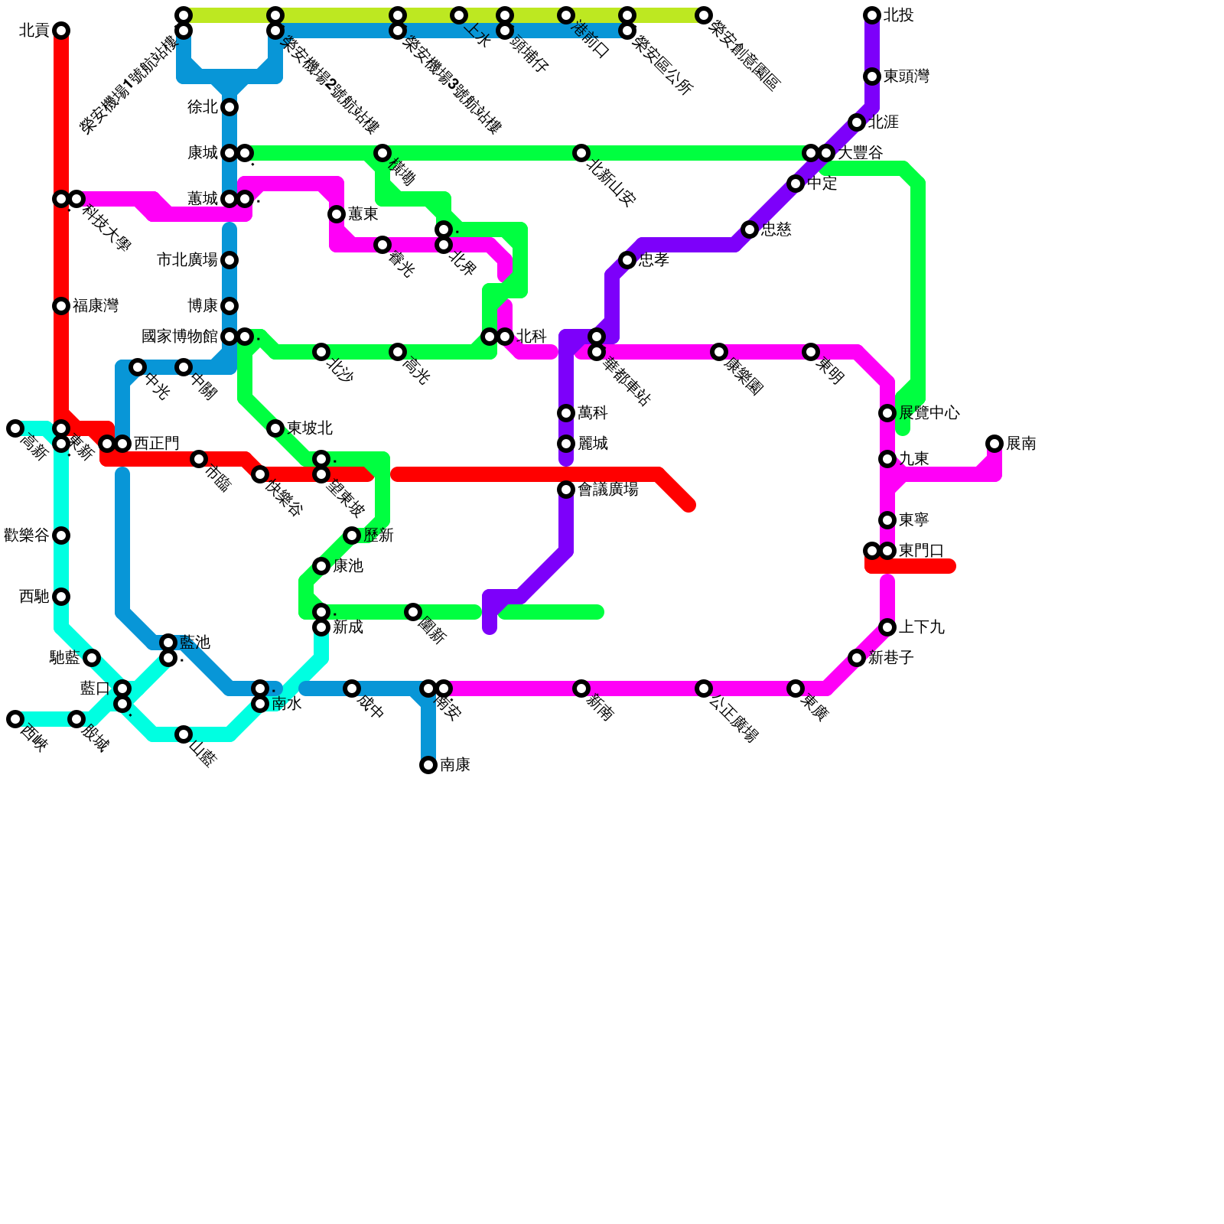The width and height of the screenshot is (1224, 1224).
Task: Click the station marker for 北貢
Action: [x=61, y=31]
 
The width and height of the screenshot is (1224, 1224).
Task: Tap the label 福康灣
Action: [x=96, y=306]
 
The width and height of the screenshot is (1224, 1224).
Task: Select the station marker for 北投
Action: [x=872, y=15]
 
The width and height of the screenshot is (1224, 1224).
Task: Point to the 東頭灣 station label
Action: [x=907, y=76]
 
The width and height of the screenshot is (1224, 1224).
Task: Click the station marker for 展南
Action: [x=994, y=444]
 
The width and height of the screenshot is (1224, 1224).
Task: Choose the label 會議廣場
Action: [x=608, y=490]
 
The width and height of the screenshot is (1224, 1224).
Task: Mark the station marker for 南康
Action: [x=428, y=765]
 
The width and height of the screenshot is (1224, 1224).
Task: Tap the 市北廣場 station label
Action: [x=187, y=260]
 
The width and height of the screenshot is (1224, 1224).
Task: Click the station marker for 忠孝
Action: [x=627, y=260]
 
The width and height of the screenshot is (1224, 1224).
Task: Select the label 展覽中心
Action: [x=929, y=413]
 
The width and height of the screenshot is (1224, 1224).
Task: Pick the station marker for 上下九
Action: [x=887, y=627]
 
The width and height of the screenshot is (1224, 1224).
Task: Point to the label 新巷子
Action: [x=891, y=658]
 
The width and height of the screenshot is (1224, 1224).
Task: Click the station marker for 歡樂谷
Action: [x=61, y=535]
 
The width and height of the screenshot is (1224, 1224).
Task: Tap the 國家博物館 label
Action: [x=180, y=337]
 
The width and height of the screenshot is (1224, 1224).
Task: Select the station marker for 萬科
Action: [x=566, y=413]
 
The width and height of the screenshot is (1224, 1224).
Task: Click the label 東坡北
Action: [x=310, y=428]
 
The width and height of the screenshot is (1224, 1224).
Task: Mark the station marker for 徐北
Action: [x=229, y=107]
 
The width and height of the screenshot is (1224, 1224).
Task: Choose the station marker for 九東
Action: [x=887, y=459]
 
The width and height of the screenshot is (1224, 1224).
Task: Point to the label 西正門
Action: [x=157, y=444]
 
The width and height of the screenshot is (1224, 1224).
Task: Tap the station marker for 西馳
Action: [x=61, y=597]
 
